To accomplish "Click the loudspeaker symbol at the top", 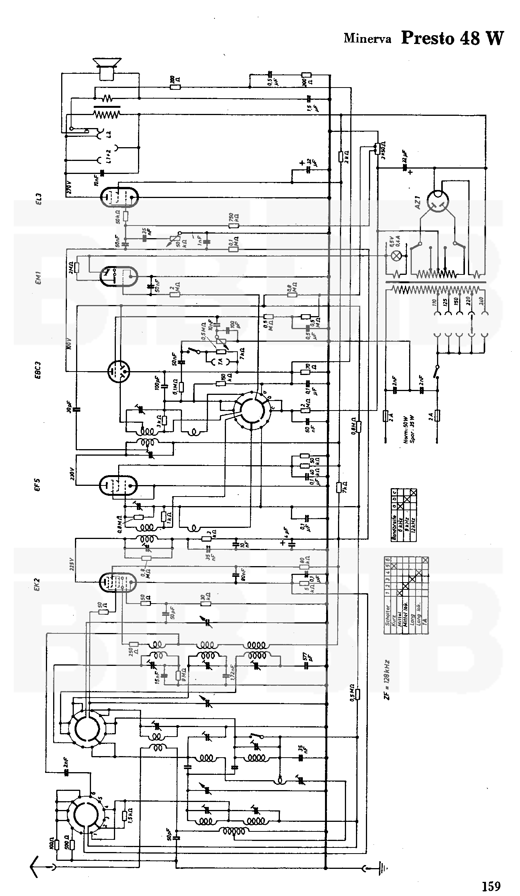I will [x=107, y=68].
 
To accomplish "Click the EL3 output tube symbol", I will [x=119, y=197].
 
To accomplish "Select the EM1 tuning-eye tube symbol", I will [x=119, y=275].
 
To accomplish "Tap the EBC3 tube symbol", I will [x=119, y=370].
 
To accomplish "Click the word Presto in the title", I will [x=427, y=38].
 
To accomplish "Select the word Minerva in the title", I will [x=367, y=39].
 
